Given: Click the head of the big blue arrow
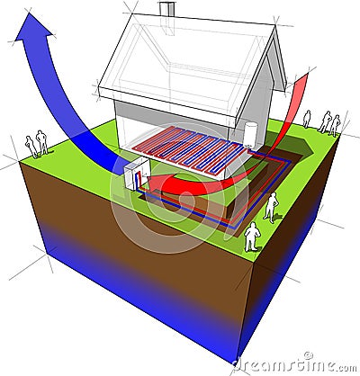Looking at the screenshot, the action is [x=33, y=27].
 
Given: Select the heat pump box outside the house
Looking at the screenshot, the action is [x=137, y=175].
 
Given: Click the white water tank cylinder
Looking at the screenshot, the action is [x=250, y=134].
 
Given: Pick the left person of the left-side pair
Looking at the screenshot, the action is [x=31, y=147].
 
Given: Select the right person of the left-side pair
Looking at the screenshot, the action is [x=42, y=142].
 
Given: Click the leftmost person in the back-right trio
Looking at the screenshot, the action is [x=307, y=119].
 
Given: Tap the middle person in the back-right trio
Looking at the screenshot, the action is [x=325, y=122].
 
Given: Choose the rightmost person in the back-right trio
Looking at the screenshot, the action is [x=335, y=125].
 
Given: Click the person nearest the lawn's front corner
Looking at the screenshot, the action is [x=251, y=237].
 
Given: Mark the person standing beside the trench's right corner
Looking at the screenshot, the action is [x=271, y=208].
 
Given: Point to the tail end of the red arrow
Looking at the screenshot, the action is [x=303, y=78].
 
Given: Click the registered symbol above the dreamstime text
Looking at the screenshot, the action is [x=309, y=355].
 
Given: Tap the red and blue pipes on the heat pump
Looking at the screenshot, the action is [x=139, y=179].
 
